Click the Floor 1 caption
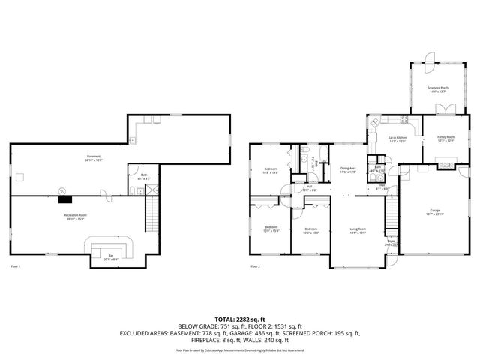(x=16, y=266)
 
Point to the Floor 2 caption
(x=255, y=266)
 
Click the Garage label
(x=435, y=211)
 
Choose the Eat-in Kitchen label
(x=397, y=139)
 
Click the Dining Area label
(x=347, y=169)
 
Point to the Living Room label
(x=358, y=229)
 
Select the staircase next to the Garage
(x=391, y=214)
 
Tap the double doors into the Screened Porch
(x=444, y=109)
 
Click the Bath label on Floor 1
(x=143, y=177)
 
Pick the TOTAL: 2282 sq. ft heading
(x=240, y=319)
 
